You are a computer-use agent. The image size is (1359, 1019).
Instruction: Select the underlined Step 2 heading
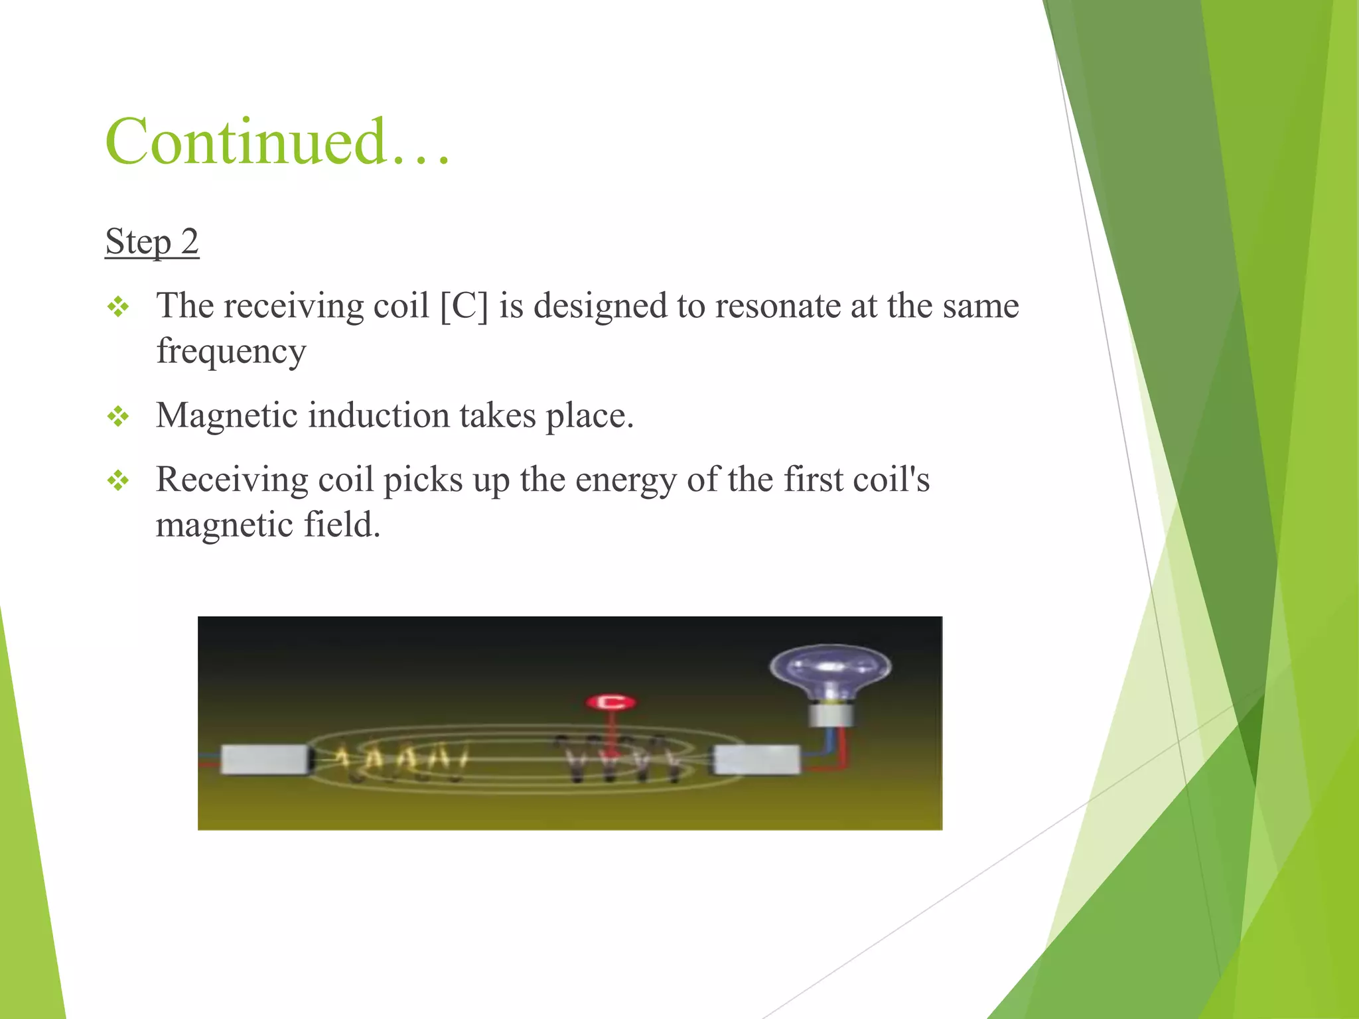coord(152,241)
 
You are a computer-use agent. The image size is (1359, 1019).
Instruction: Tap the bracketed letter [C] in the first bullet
coord(464,306)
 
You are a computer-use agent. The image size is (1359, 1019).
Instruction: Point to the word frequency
coord(231,352)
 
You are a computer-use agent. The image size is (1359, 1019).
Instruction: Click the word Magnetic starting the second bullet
coord(226,416)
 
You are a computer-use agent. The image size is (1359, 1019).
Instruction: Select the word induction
coord(378,416)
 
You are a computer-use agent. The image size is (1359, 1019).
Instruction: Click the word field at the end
coord(342,525)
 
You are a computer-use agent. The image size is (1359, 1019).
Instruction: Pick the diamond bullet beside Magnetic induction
coord(118,417)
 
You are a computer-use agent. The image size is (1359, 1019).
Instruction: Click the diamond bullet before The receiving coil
coord(118,307)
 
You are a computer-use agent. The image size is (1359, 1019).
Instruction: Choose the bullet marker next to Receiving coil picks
coord(118,480)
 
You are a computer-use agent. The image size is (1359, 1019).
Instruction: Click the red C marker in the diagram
coord(611,702)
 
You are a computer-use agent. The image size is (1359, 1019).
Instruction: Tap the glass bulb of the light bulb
coord(829,670)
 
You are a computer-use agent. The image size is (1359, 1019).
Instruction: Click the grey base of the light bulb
coord(830,715)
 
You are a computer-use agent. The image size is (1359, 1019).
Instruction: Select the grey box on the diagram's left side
coord(264,760)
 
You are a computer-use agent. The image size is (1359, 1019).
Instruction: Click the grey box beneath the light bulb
coord(756,760)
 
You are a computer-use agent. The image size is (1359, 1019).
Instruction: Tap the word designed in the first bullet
coord(600,306)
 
